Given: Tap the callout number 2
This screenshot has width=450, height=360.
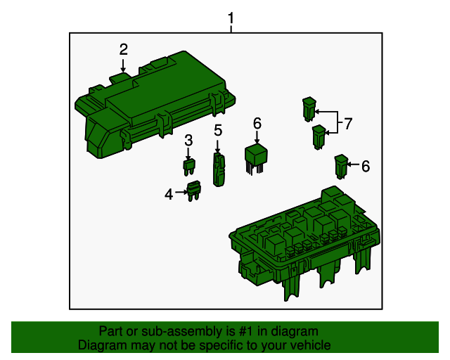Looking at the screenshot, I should (x=123, y=49).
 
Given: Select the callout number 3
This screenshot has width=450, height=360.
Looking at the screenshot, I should (x=188, y=141).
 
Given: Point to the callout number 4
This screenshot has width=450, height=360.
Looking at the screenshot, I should (x=169, y=193).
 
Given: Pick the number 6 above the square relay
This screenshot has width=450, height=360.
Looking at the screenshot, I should (x=257, y=124).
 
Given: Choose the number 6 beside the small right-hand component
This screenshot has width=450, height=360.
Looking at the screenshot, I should (x=365, y=167).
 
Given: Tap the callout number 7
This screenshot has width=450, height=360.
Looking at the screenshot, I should (x=347, y=124).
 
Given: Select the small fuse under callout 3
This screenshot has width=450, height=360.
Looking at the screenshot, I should (x=188, y=167).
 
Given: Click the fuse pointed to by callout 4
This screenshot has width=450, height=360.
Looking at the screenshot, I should (x=193, y=191).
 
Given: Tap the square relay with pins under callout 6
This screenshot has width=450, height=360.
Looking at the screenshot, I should (x=256, y=157).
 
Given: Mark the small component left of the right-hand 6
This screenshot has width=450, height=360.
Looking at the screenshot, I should (x=340, y=167).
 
